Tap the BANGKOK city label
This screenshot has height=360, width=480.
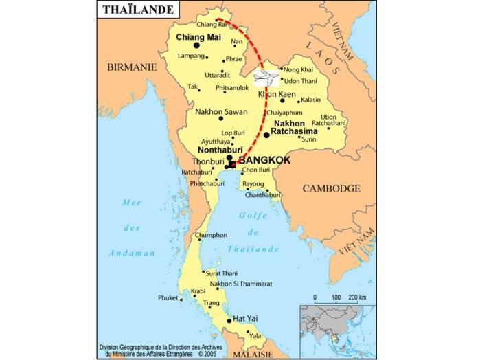tap(264, 160)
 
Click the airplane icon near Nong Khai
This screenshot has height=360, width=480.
tap(267, 76)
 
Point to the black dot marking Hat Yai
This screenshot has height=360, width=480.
tap(228, 320)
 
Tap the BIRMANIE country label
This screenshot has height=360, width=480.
tap(132, 67)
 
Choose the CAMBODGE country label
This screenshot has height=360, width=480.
tap(332, 188)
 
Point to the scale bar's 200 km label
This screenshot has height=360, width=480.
tap(356, 297)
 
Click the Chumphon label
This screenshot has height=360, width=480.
tap(212, 235)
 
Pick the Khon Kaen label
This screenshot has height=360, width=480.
tap(277, 93)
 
